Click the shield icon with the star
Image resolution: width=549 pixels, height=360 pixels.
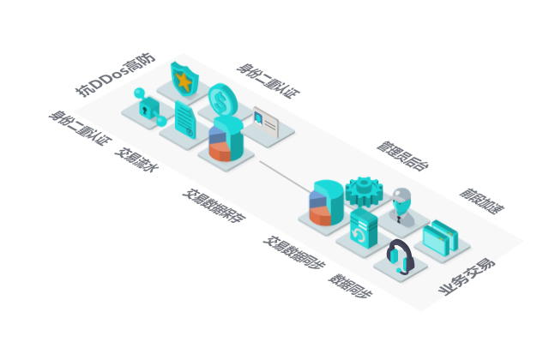pyautogui.click(x=184, y=78)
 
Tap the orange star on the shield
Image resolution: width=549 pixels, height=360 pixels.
pyautogui.click(x=183, y=81)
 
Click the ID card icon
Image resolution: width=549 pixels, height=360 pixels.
pyautogui.click(x=266, y=122)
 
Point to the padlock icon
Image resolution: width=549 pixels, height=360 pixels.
pyautogui.click(x=149, y=107)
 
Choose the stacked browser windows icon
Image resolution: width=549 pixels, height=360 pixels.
pyautogui.click(x=445, y=235)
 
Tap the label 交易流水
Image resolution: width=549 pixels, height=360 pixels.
pyautogui.click(x=136, y=161)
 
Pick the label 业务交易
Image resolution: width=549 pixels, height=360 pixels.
pyautogui.click(x=467, y=276)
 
